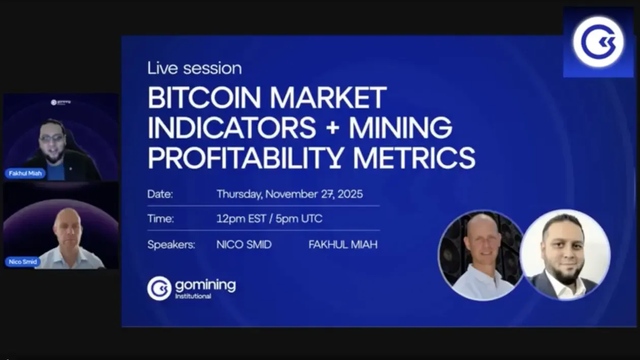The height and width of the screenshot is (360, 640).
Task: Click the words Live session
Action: tap(195, 68)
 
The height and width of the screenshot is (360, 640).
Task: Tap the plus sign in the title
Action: tap(332, 127)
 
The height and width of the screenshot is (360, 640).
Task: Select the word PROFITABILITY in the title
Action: tap(244, 157)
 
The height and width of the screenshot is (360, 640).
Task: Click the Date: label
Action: tap(160, 194)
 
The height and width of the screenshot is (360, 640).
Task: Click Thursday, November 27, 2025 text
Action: tap(290, 194)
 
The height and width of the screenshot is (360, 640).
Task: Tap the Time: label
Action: tap(161, 219)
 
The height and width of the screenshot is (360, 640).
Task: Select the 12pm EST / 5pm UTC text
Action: tap(269, 219)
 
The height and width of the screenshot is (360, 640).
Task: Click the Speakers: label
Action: tap(171, 245)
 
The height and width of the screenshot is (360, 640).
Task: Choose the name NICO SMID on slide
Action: tap(244, 245)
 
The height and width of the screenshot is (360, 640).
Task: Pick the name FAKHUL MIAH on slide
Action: tap(343, 245)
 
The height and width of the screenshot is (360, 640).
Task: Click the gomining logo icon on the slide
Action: tap(159, 288)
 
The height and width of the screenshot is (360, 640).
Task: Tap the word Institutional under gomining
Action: tap(193, 296)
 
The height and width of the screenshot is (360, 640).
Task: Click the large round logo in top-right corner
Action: tap(598, 42)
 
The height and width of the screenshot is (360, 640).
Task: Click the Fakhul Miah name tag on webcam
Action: tap(25, 174)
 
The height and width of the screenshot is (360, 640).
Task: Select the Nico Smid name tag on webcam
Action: tap(23, 262)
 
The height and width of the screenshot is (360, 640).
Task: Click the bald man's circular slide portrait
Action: tap(481, 255)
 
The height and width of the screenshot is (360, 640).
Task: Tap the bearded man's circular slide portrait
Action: tap(565, 255)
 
